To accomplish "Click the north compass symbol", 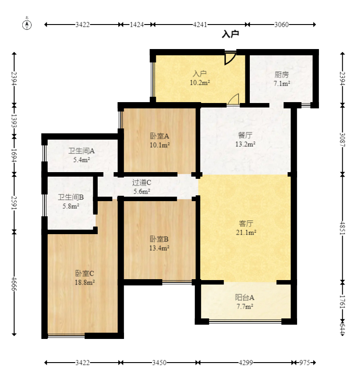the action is [x=27, y=24].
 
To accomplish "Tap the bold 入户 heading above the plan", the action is [x=230, y=34].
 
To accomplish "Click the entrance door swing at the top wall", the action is [x=230, y=58].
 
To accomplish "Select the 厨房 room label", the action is [x=282, y=74].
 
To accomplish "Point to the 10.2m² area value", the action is [x=200, y=83].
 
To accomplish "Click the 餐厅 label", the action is [x=245, y=135].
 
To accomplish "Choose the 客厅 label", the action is [x=246, y=223].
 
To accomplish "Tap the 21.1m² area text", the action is [x=246, y=232].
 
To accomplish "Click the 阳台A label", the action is [x=244, y=297].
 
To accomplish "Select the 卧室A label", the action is [x=159, y=136].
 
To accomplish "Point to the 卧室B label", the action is [x=159, y=239].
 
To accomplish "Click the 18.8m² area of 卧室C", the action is [x=85, y=282].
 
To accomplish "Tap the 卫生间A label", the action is [x=82, y=151].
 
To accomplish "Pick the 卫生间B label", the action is [x=71, y=197].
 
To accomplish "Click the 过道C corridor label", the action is [x=141, y=182].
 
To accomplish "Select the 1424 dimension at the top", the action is [x=137, y=25].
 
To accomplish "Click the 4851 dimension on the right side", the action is [x=343, y=228].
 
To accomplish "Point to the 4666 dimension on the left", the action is [x=14, y=283].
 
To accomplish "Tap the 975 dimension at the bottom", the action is [x=305, y=363].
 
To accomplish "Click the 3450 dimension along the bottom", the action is [x=159, y=363].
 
